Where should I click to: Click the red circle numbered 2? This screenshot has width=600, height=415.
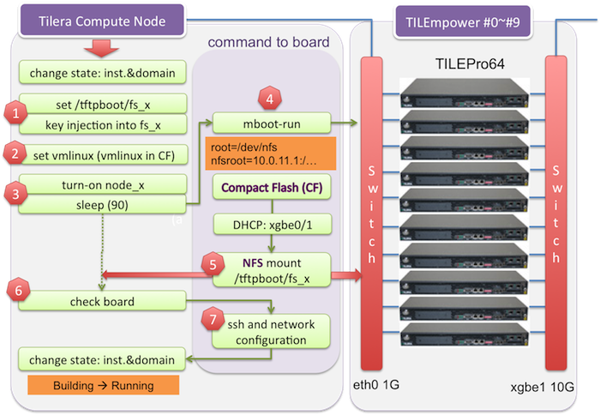tap(15, 154)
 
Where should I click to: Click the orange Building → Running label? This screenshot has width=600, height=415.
tap(104, 385)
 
